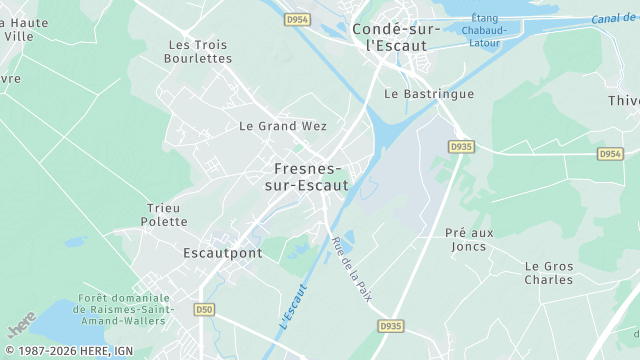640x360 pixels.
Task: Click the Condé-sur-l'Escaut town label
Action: click(396, 37)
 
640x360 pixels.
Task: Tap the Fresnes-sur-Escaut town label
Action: click(307, 177)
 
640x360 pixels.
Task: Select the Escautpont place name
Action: click(223, 253)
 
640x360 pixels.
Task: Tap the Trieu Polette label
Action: click(164, 214)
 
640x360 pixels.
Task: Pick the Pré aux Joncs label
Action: click(466, 239)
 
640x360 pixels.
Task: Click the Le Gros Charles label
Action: click(549, 272)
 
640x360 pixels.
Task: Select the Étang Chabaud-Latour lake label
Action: click(484, 30)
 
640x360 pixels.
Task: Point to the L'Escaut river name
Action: click(292, 308)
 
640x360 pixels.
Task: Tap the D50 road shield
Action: click(206, 310)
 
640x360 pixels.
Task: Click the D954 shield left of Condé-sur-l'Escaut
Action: click(297, 19)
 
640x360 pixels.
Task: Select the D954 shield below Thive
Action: click(610, 154)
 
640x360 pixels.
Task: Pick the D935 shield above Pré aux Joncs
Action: click(460, 146)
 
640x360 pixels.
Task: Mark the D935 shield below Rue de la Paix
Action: click(390, 326)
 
